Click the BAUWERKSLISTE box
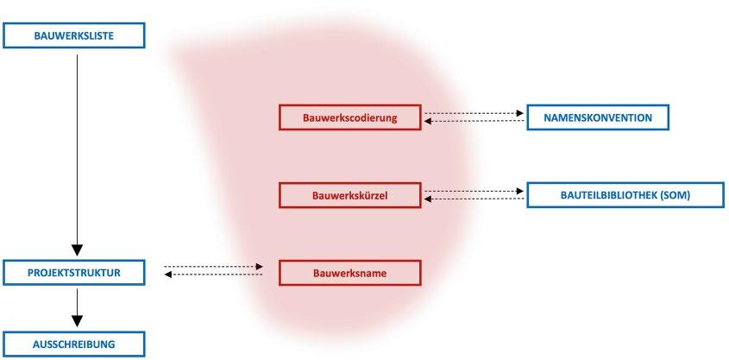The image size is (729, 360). point(72,35)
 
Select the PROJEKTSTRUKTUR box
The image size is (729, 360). point(72,273)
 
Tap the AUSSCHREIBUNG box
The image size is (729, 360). point(72,344)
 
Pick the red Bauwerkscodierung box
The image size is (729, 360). point(349,117)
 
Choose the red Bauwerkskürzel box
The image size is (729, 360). point(349,195)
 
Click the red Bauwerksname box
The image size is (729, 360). point(349,273)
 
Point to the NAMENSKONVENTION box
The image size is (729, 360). point(597,117)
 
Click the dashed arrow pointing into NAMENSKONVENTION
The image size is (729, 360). point(474,112)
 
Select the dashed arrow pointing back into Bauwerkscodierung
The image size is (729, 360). point(474,122)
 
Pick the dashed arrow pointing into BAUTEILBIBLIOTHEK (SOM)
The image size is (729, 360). point(474,191)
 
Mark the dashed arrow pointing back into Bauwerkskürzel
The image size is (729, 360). point(474,199)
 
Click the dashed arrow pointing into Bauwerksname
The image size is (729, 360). point(213,267)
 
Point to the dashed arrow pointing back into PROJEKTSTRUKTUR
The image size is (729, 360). point(213,275)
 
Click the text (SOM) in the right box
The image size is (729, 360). point(675,195)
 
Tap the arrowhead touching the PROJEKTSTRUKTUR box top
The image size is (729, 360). point(77,251)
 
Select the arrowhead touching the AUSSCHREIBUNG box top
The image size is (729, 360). point(77,322)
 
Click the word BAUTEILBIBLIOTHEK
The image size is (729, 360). point(607,195)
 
